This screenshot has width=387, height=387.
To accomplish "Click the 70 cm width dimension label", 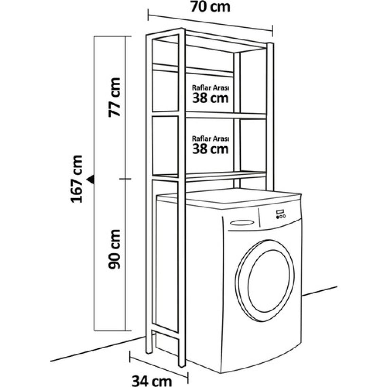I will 210,6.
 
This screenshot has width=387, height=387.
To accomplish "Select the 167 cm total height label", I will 77,179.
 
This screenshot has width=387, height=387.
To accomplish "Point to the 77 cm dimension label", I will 114,97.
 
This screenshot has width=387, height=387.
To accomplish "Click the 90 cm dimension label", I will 114,249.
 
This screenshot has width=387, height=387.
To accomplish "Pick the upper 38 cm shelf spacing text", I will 210,98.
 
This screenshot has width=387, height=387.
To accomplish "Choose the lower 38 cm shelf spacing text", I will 210,148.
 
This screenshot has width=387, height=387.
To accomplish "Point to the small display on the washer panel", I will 280,212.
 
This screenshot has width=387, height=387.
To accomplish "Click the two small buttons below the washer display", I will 281,216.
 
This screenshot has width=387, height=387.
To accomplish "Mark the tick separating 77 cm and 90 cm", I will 126,179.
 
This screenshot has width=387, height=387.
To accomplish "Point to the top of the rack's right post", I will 270,44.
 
